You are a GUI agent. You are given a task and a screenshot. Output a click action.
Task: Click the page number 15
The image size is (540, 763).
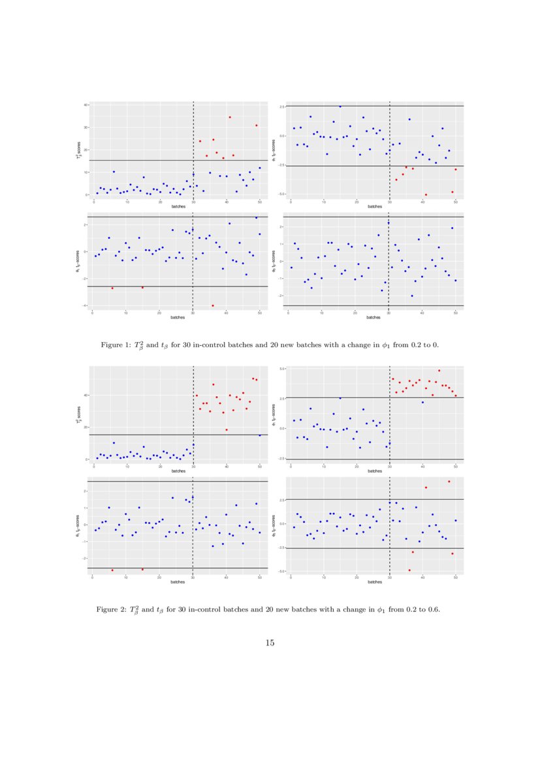click(x=270, y=643)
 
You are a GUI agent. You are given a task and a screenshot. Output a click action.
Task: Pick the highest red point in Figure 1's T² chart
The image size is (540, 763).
click(x=230, y=117)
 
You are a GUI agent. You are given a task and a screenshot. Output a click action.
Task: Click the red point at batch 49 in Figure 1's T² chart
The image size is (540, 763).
click(x=257, y=125)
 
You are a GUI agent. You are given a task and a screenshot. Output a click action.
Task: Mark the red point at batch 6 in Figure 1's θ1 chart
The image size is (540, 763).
click(x=112, y=288)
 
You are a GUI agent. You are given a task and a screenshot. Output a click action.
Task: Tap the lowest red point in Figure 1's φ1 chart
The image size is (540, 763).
click(x=426, y=195)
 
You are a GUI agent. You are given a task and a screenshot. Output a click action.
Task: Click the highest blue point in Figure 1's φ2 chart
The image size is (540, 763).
click(x=389, y=223)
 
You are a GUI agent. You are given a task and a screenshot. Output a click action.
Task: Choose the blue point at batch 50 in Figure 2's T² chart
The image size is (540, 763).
click(x=259, y=435)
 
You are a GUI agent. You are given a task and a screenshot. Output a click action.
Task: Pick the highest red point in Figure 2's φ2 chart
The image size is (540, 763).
click(x=449, y=482)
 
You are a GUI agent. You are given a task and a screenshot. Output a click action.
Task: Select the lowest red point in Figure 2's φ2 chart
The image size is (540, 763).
click(x=409, y=570)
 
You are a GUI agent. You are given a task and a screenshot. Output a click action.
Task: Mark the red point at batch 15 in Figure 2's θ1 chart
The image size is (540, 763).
click(x=142, y=569)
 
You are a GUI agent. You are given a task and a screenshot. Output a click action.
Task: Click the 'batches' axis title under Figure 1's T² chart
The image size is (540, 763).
click(x=178, y=206)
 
